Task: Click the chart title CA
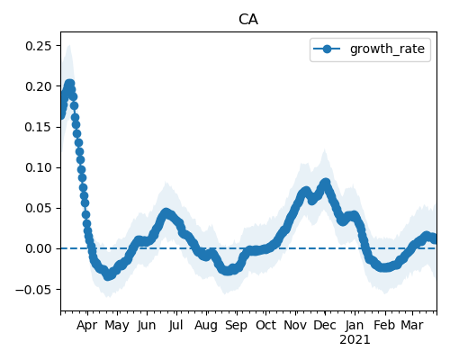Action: point(248,20)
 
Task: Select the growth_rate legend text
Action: point(387,49)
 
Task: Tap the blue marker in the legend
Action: point(327,49)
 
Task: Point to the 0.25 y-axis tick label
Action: point(39,46)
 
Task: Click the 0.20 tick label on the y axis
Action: point(39,86)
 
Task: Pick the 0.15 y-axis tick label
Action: point(39,127)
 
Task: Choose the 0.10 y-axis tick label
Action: point(39,167)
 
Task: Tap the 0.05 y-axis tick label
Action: point(39,208)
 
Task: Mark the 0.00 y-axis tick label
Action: point(39,248)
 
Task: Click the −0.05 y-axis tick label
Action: point(34,290)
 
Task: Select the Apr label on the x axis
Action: point(87,326)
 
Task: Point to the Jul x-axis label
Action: point(175,325)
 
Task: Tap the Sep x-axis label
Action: point(236,326)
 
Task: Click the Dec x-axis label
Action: point(325,325)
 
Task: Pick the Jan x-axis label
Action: point(355,325)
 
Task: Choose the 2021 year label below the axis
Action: point(355,340)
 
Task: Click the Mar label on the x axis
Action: point(412,325)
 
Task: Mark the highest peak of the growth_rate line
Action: point(69,84)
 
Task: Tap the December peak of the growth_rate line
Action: point(326,182)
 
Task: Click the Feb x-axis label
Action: point(385,325)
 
